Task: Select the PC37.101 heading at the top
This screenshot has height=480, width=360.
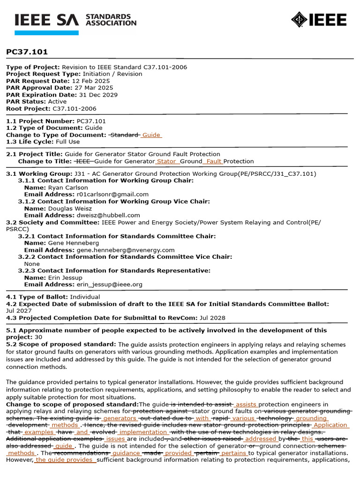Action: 27,52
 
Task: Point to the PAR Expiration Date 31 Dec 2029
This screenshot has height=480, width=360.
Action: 95,95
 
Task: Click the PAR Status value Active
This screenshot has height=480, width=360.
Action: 57,101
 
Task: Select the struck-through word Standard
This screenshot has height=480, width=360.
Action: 124,135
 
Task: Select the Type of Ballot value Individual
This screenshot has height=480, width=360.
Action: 85,297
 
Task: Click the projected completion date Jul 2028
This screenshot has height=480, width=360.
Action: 212,318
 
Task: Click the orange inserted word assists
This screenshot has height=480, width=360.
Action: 246,405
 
